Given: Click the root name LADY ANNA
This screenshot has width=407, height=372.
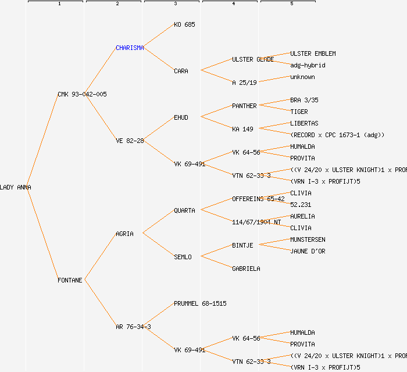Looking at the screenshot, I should coord(16,187).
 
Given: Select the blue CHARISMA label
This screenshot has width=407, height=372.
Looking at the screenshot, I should coord(130,48).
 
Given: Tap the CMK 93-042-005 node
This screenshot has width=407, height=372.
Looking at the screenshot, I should coord(82,94).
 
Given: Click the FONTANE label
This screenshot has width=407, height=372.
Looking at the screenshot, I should coord(70,280).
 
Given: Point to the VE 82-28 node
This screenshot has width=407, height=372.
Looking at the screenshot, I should coord(130,141).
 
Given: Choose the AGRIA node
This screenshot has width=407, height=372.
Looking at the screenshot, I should coord(124,234).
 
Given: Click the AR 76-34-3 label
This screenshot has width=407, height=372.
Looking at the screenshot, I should coord(133,327).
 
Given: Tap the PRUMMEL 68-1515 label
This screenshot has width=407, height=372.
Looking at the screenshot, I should coord(200,303).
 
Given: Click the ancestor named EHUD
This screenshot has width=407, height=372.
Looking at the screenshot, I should coord(181,117).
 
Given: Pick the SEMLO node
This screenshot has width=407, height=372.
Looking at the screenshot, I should coord(183,257).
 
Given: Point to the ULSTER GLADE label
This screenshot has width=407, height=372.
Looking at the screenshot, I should coord(253,59).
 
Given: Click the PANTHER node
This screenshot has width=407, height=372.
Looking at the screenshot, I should coord(244,106).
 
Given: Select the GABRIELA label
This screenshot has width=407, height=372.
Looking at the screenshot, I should coord(246,269).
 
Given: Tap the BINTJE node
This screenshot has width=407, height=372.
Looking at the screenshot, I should coord(242,245).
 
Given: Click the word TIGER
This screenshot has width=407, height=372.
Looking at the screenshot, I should coord(299,112).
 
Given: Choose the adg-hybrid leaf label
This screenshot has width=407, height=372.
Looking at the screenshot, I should coord(308,65).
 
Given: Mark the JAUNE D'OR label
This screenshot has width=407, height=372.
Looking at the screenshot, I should coord(308,251).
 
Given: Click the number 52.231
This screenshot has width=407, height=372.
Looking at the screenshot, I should coord(301,205).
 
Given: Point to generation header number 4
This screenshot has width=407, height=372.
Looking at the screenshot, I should coord(233,4).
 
